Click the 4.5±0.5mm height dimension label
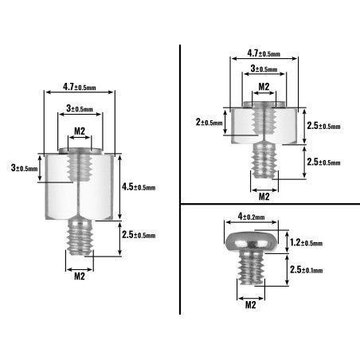(x=139, y=187)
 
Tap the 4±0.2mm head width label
(x=251, y=217)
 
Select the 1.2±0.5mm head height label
(x=306, y=242)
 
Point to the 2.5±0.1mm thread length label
(x=306, y=270)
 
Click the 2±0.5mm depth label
(x=209, y=122)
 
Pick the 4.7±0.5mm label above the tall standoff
(x=80, y=87)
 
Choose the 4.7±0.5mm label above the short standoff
(x=264, y=53)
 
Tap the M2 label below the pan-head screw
(x=250, y=305)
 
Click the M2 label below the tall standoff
(x=80, y=276)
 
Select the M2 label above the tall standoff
(x=80, y=131)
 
